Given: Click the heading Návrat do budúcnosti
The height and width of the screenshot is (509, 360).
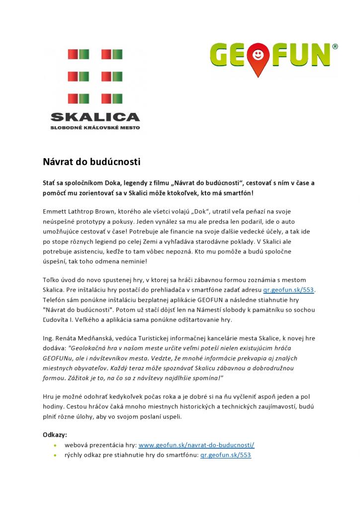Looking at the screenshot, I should (91, 162).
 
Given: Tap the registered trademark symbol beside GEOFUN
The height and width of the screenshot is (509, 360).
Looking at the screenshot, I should (335, 47).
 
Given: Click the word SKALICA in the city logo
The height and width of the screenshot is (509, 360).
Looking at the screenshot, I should (95, 118).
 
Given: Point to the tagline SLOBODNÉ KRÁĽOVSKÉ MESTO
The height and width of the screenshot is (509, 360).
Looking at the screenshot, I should (95, 128).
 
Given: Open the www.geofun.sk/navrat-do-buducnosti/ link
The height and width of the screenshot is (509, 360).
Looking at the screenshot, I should (196, 445).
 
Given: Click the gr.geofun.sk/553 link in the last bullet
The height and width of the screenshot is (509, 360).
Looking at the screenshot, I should (226, 455).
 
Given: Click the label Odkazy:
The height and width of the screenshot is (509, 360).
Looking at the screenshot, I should (55, 434).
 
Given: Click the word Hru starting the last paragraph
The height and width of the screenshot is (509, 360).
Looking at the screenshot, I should (49, 397).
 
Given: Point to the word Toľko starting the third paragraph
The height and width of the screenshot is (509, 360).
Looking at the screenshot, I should (51, 280).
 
